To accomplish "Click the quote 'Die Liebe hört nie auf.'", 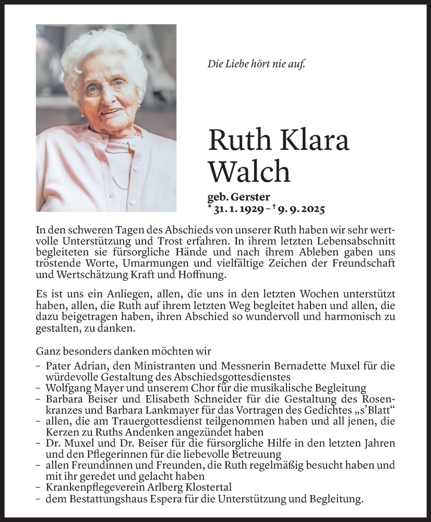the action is click(256, 64).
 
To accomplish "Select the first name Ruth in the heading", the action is click(237, 140).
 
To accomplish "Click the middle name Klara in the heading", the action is click(313, 140).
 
